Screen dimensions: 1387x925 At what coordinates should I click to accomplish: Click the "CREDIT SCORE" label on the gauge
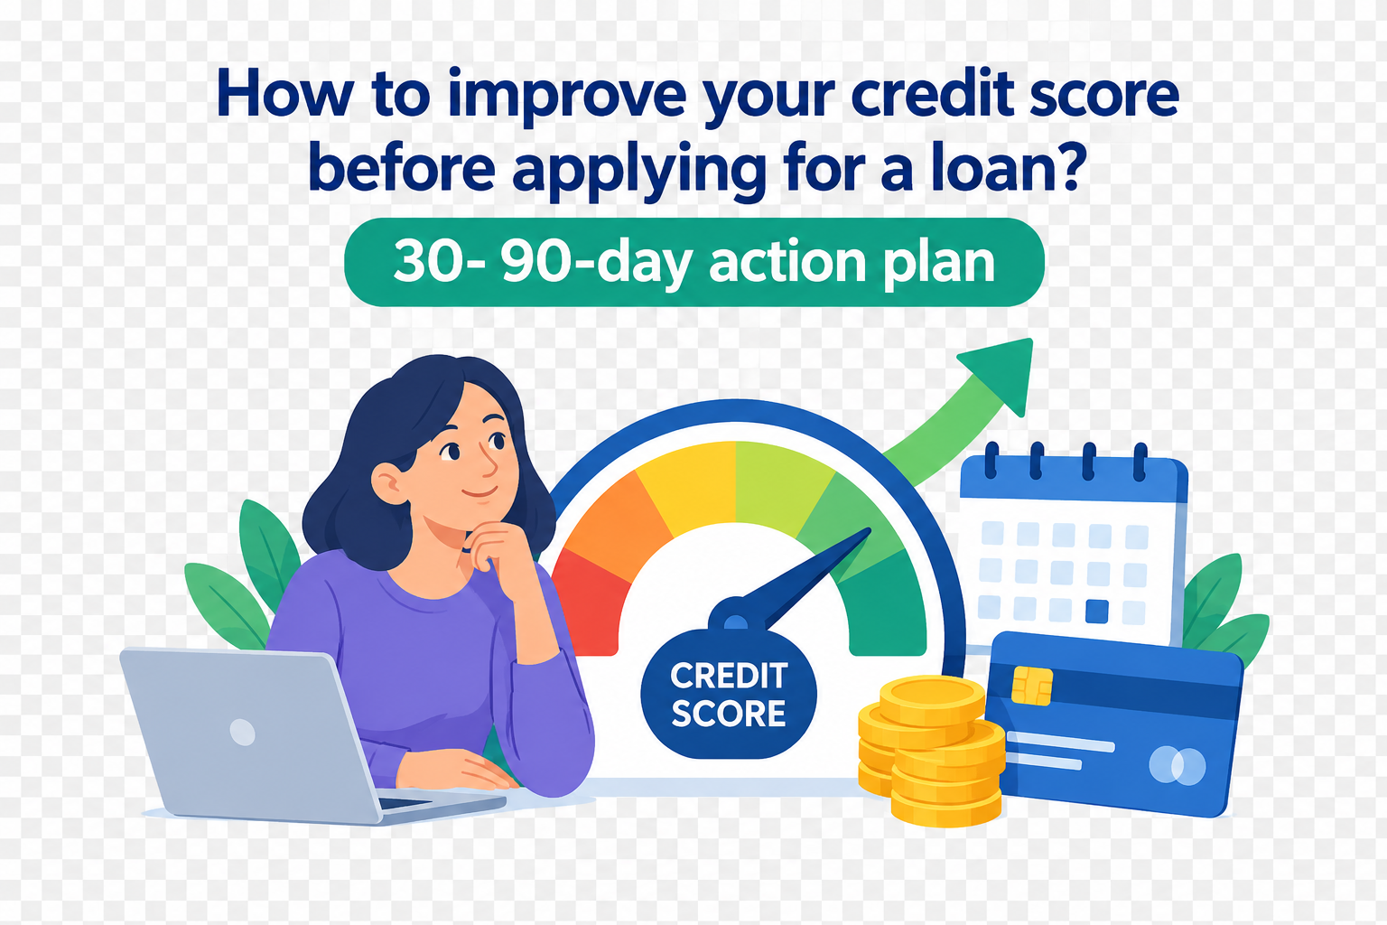click(728, 694)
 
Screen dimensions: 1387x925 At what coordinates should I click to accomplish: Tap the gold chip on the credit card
click(1031, 686)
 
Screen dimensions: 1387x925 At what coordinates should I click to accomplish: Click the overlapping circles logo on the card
click(1178, 766)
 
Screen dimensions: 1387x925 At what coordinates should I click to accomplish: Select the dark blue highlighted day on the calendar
click(1096, 612)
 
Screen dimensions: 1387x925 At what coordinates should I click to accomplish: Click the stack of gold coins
click(931, 751)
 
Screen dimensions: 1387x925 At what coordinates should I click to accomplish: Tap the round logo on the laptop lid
click(242, 733)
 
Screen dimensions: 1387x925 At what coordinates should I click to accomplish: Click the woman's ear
click(388, 482)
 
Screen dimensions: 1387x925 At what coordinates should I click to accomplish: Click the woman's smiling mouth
click(479, 492)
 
